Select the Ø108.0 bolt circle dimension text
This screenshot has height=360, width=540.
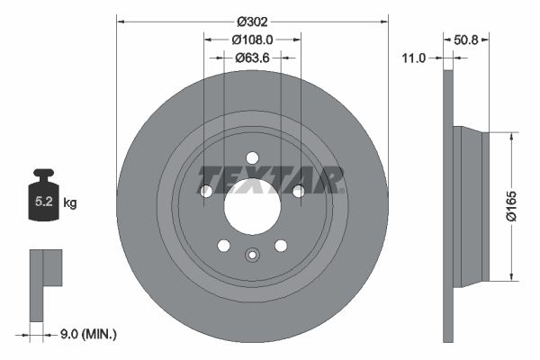(252, 40)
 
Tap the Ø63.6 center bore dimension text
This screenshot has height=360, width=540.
(252, 58)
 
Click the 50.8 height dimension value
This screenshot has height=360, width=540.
(466, 40)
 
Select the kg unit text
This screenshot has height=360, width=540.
(70, 203)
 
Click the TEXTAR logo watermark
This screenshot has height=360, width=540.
(271, 179)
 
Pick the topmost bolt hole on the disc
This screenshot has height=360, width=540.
(252, 159)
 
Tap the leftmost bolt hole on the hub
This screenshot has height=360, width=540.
(206, 192)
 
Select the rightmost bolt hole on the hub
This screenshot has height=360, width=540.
(298, 190)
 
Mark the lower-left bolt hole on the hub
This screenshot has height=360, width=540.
(224, 246)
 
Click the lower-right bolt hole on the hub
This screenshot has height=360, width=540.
(281, 246)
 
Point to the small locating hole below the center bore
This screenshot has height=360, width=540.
(253, 254)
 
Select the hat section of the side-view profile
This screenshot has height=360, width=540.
(468, 206)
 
